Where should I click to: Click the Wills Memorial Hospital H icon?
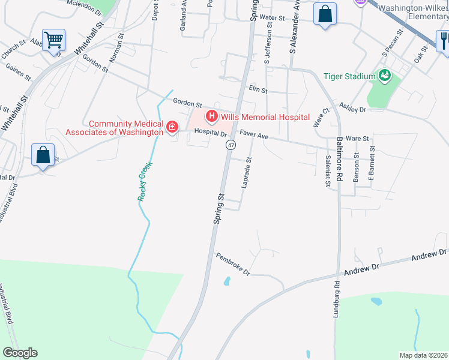[x=211, y=116]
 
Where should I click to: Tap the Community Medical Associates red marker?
[x=172, y=127]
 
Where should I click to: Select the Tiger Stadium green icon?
[x=384, y=76]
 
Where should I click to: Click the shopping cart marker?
[x=53, y=41]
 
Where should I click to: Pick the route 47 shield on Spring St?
[x=231, y=145]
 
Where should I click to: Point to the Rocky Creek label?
[x=144, y=181]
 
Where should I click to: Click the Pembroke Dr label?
[x=233, y=263]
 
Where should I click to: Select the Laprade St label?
[x=246, y=173]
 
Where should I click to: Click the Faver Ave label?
[x=254, y=136]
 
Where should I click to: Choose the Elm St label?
[x=258, y=90]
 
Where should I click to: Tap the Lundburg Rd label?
[x=336, y=299]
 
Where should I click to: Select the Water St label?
[x=272, y=19]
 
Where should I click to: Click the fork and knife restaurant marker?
[x=443, y=40]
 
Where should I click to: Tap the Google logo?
[x=19, y=353]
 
